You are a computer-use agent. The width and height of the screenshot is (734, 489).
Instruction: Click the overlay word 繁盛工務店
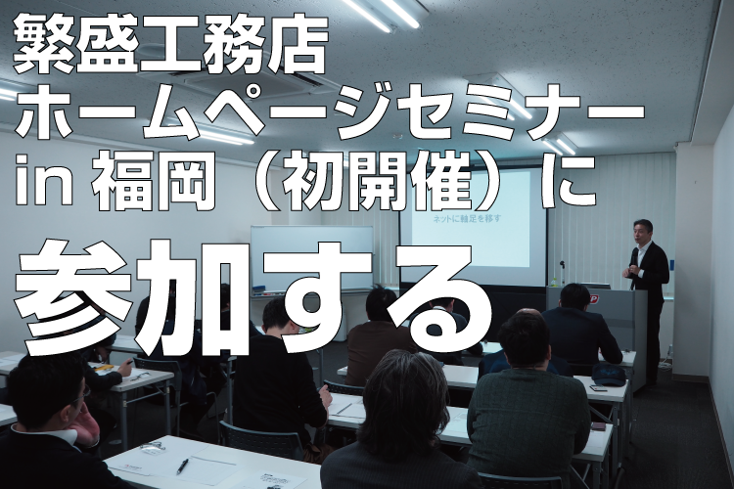(x=169, y=43)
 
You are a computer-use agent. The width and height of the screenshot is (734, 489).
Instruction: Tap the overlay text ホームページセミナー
(x=330, y=114)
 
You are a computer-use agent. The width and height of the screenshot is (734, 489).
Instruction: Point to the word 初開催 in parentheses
(x=377, y=183)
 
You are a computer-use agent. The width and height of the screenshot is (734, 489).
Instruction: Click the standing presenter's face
(x=641, y=232)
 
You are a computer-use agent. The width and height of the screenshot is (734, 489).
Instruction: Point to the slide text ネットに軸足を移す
(x=468, y=218)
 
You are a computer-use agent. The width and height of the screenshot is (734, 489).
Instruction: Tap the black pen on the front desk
(x=183, y=466)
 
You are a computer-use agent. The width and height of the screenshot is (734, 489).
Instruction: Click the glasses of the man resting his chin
(x=81, y=394)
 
